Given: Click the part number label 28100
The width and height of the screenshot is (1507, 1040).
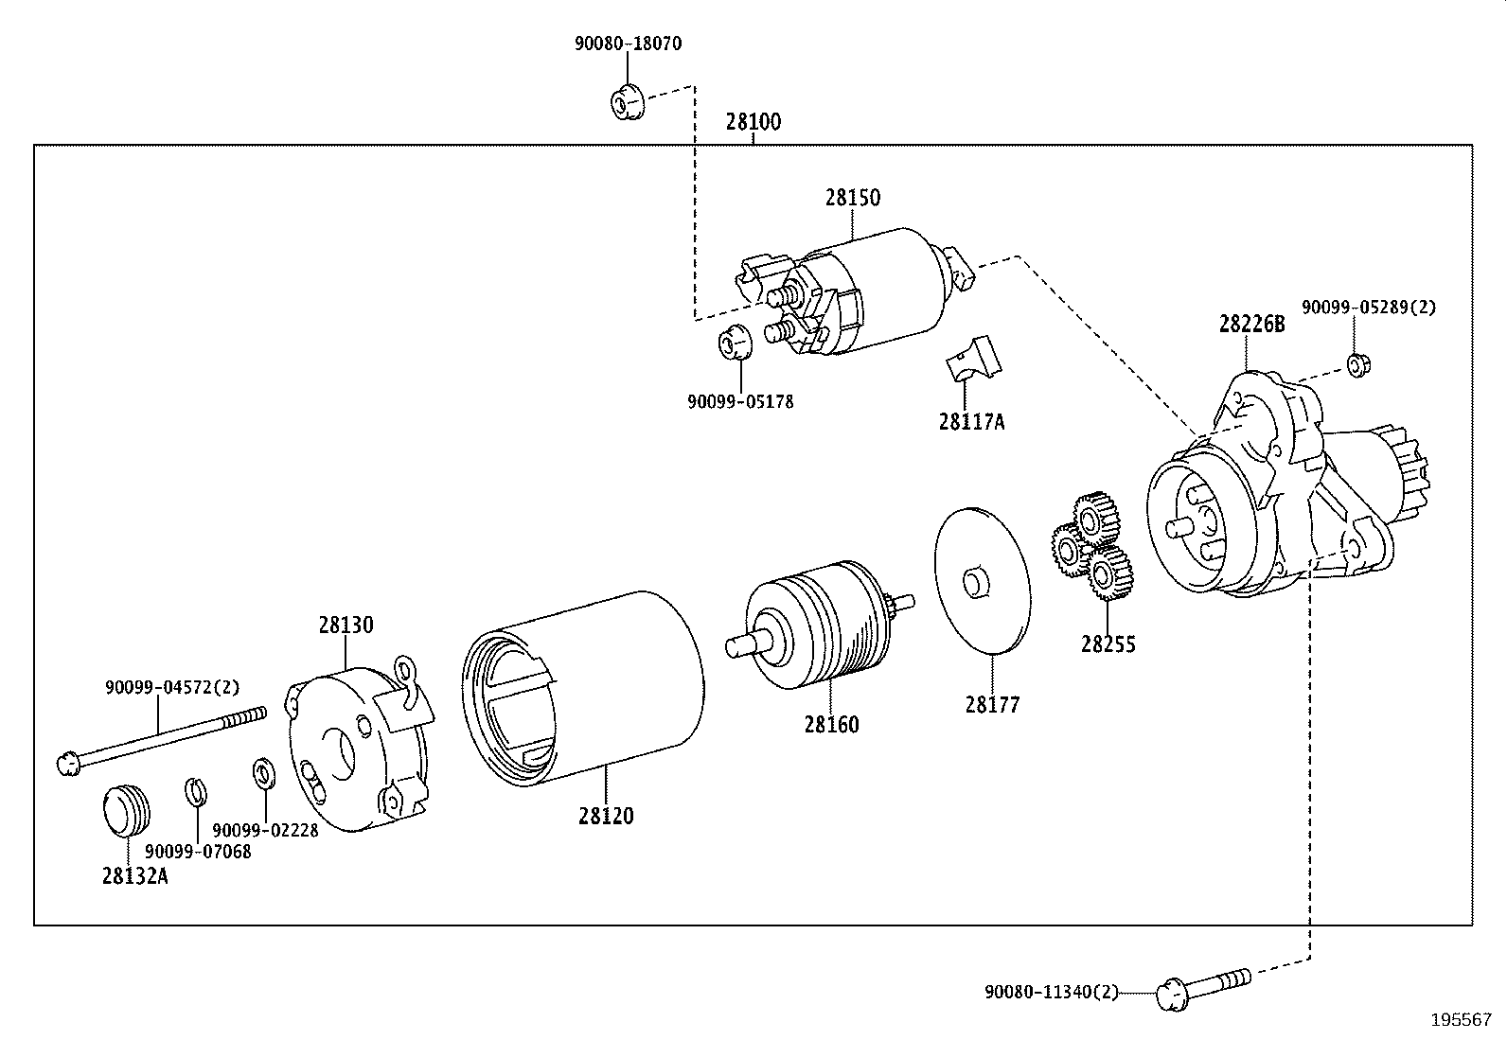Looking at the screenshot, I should pyautogui.click(x=753, y=122).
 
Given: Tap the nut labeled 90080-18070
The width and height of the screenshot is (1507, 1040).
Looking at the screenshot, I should pyautogui.click(x=625, y=100).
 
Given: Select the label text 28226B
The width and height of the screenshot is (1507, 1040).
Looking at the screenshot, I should pyautogui.click(x=1251, y=325).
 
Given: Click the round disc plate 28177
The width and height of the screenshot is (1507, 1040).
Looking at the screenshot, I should pyautogui.click(x=982, y=580).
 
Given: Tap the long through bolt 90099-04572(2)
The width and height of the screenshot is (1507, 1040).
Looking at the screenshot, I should pyautogui.click(x=161, y=739).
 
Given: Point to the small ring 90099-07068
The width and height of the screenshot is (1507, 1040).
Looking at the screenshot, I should pyautogui.click(x=195, y=790).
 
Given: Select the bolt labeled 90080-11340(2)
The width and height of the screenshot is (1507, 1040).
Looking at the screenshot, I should pyautogui.click(x=1202, y=985).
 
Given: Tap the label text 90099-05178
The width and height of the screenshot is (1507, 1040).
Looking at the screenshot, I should pyautogui.click(x=740, y=401).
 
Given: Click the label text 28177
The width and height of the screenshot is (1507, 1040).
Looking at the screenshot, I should pyautogui.click(x=992, y=705).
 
